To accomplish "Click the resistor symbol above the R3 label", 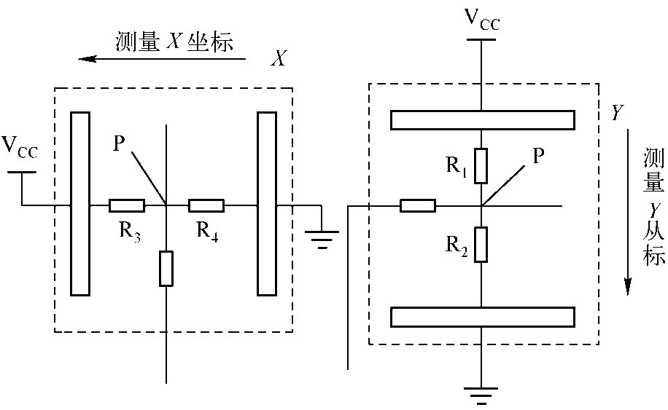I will tap(126, 206).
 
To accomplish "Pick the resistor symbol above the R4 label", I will tap(206, 206).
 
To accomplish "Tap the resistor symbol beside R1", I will tap(481, 165).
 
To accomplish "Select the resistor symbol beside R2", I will tap(481, 244).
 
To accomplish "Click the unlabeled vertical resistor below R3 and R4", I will tap(166, 268).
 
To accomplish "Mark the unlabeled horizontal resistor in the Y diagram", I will tap(418, 206).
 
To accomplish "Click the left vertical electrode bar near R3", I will tap(80, 203).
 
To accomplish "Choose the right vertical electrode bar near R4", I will tap(267, 203).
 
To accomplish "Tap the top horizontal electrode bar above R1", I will tap(483, 119).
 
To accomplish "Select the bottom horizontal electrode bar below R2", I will tap(483, 317).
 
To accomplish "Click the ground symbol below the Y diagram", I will tap(481, 396).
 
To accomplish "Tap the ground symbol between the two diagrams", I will tap(320, 237).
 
